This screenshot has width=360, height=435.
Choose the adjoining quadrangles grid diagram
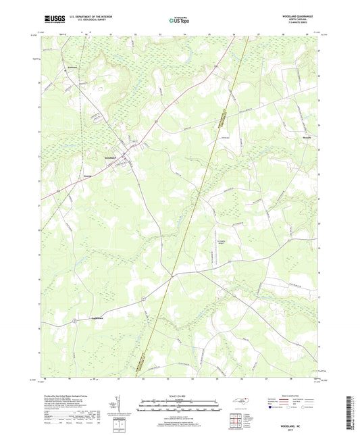(x=236, y=420)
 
